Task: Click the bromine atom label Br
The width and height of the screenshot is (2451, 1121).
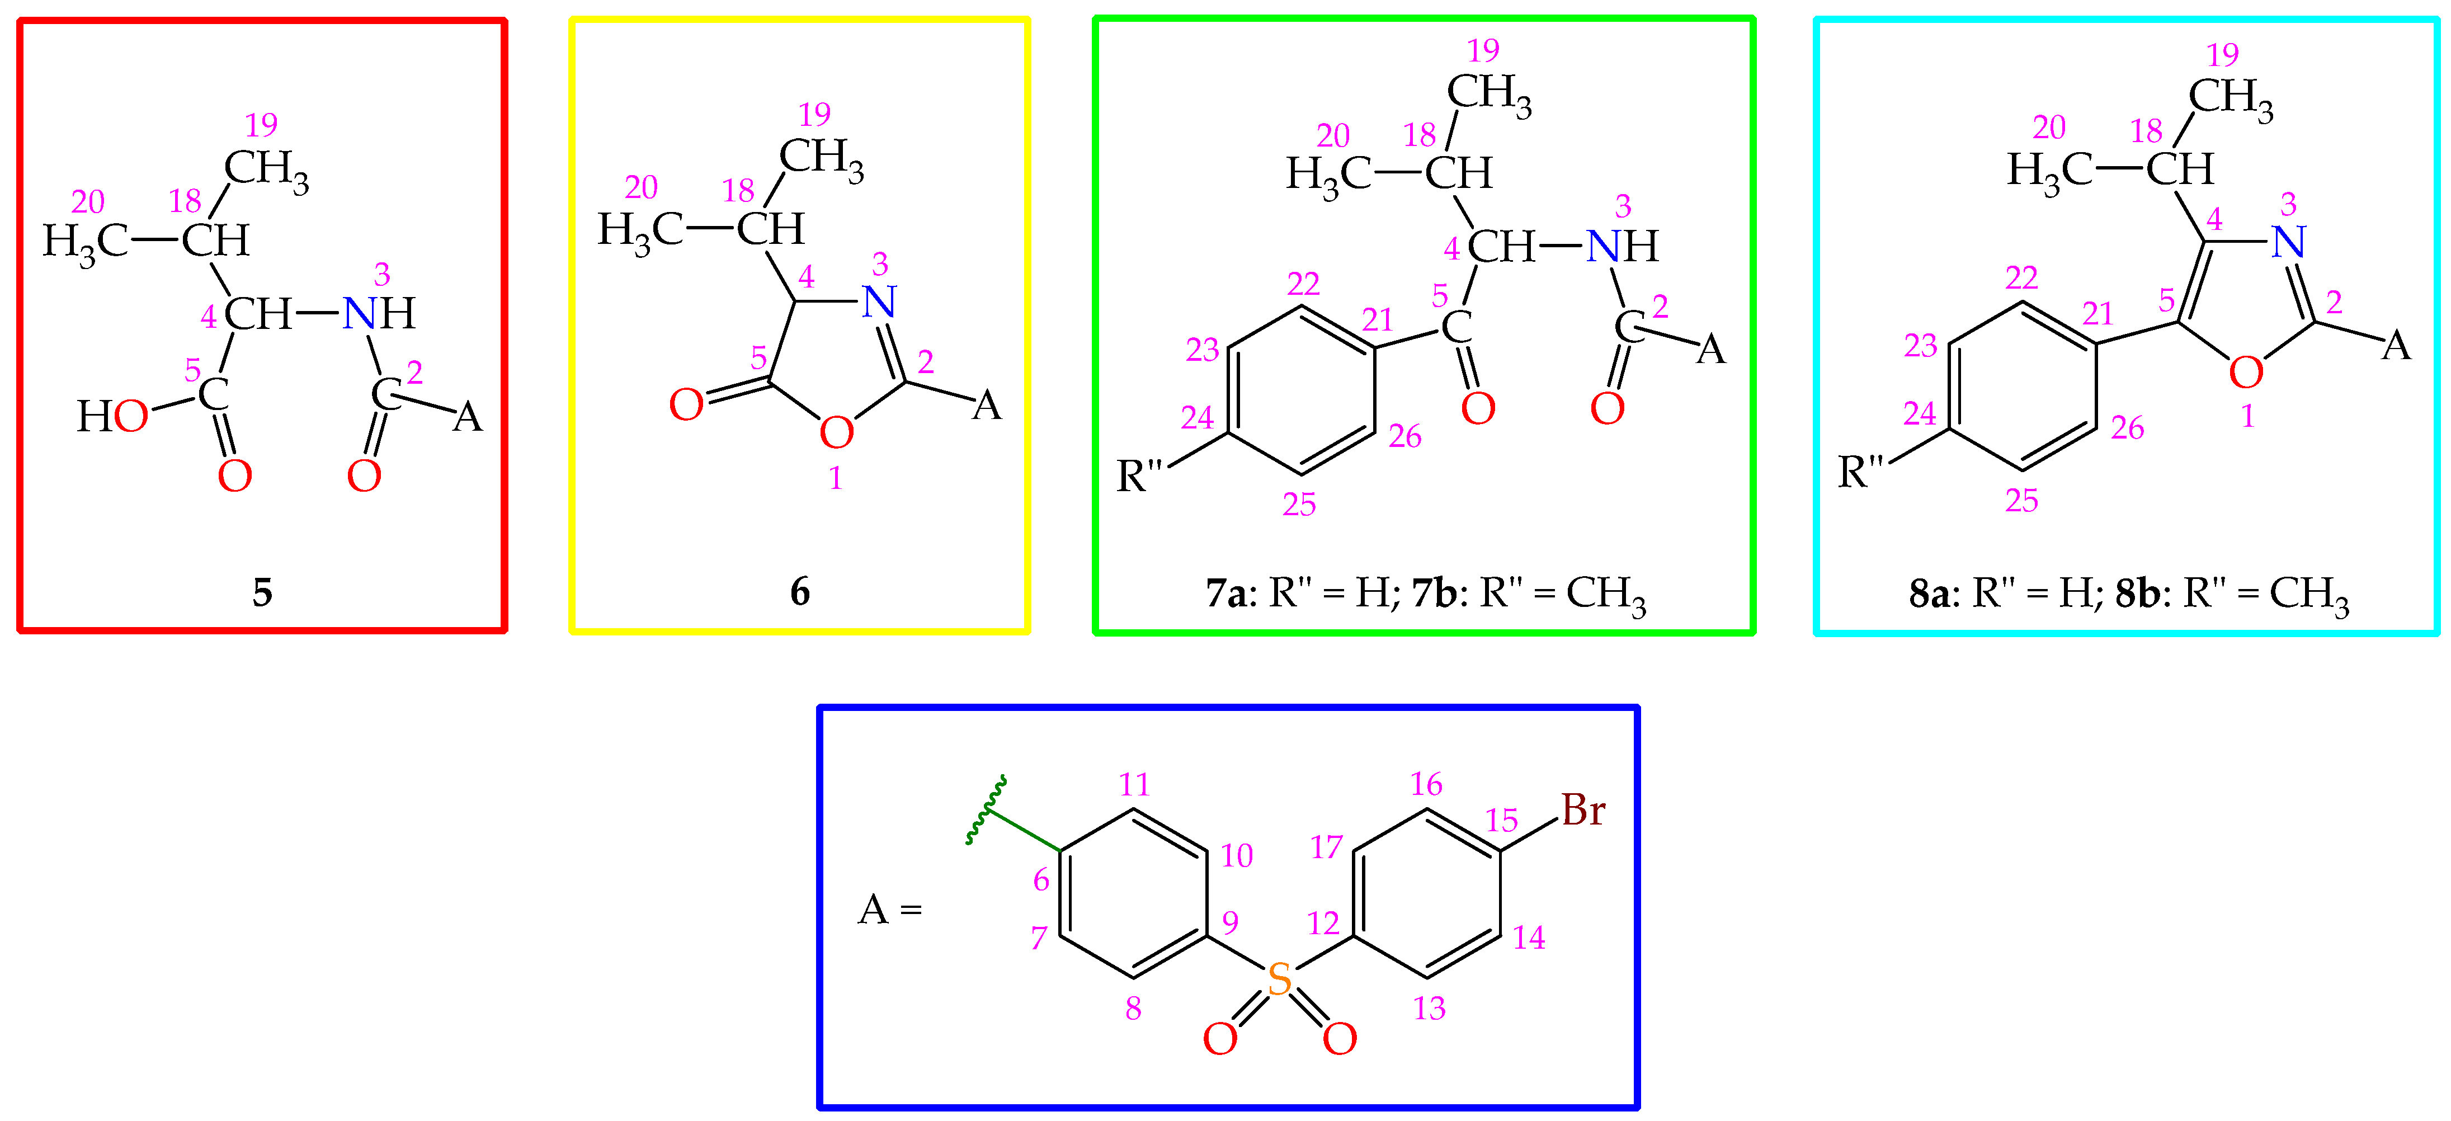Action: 1582,811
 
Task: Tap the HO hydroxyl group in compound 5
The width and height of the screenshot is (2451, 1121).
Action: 112,416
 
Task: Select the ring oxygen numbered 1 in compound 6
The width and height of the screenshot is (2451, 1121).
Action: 836,433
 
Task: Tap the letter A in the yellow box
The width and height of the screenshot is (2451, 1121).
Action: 987,406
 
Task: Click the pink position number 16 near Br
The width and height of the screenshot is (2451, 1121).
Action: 1426,784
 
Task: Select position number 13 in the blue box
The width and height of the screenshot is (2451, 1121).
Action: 1429,1009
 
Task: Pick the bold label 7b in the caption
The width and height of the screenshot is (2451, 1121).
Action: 1433,593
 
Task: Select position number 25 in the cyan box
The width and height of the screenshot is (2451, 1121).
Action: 2022,501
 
